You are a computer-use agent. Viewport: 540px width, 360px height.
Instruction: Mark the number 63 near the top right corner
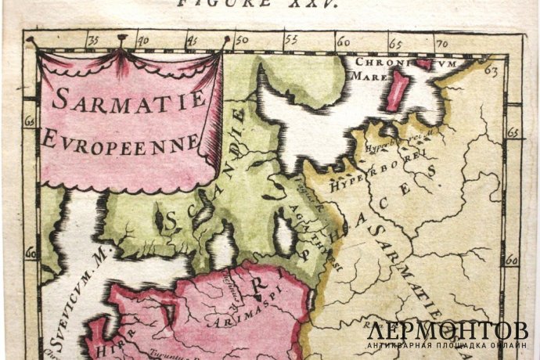click(x=491, y=71)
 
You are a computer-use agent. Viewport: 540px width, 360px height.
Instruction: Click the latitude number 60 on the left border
click(x=31, y=253)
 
